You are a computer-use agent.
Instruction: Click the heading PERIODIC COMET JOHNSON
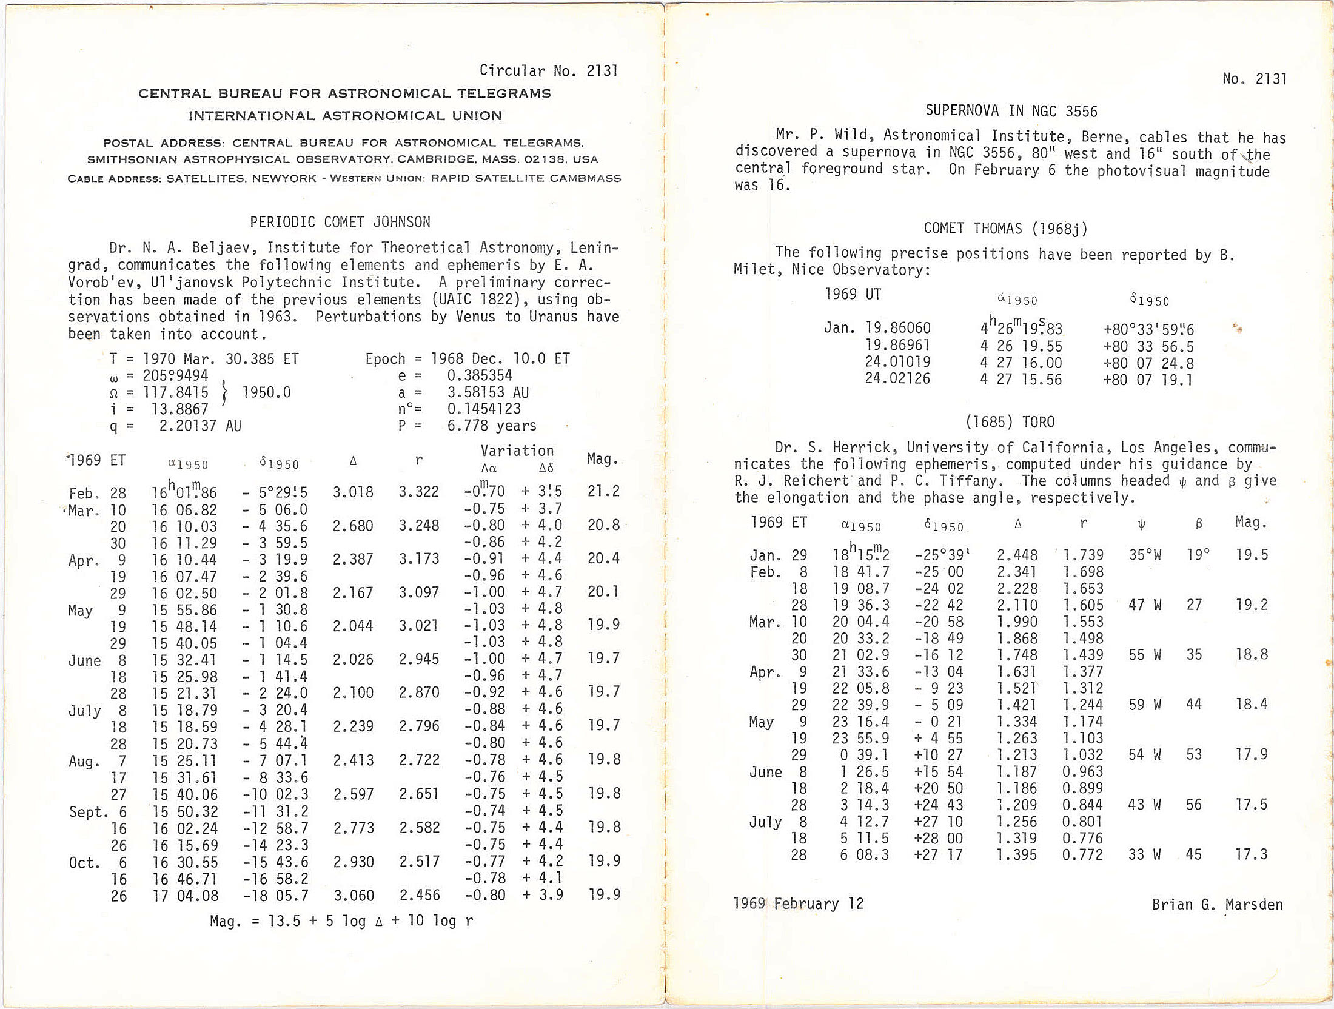340,222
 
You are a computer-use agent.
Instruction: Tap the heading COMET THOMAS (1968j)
1005,228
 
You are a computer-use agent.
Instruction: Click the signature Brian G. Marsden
1217,904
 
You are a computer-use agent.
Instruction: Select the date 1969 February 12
798,903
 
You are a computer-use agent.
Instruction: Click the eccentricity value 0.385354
480,375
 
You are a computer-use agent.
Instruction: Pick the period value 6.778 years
491,426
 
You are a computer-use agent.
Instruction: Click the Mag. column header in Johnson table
602,459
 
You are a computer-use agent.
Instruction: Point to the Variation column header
517,451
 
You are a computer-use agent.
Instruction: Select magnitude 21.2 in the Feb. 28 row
603,491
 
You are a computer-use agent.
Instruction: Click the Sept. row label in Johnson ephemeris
89,812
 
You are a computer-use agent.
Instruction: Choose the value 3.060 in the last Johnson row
354,895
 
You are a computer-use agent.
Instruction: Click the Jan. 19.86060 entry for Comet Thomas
877,328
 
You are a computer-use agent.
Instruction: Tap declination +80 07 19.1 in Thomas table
1148,380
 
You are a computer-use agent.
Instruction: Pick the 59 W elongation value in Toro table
1145,705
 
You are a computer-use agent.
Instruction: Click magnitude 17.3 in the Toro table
1252,854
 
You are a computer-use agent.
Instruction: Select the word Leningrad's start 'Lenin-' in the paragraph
593,248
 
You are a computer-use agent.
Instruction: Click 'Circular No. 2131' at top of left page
548,71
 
